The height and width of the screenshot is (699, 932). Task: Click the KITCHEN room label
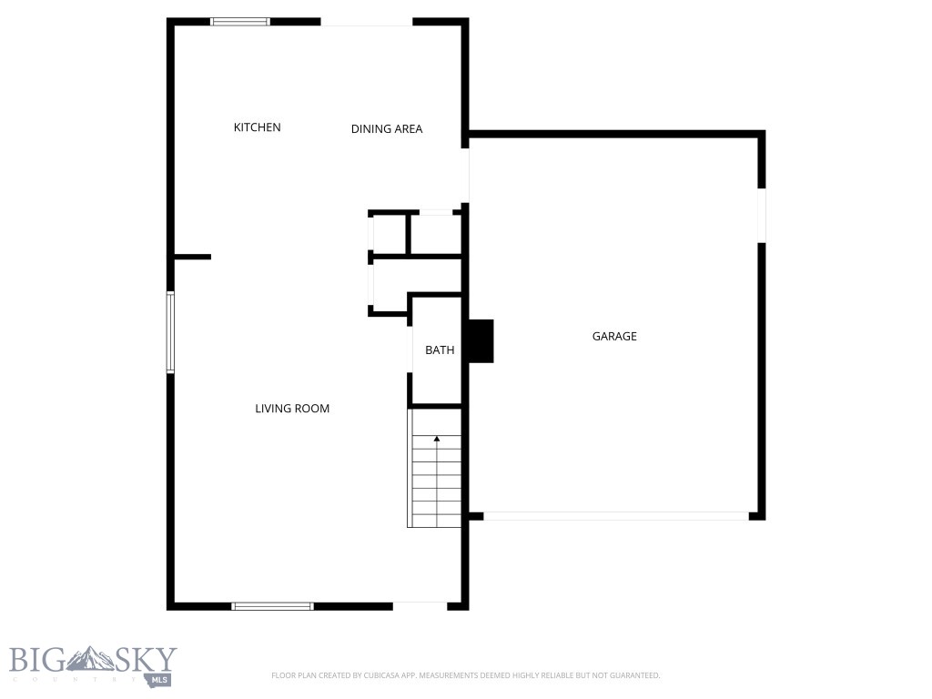pos(258,127)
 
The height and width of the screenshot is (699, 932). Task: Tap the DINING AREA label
pos(387,129)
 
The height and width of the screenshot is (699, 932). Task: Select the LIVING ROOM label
pos(292,409)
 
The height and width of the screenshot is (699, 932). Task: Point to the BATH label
pos(440,349)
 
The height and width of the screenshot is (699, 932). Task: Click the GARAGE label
pos(614,337)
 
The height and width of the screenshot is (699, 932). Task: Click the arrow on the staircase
pos(437,440)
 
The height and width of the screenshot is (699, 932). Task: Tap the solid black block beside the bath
pos(480,341)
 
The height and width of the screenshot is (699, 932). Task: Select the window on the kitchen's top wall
pos(240,21)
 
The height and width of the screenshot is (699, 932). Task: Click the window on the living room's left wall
pos(170,331)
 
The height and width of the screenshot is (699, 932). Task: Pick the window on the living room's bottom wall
pos(272,605)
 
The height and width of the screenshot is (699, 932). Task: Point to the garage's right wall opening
pos(762,215)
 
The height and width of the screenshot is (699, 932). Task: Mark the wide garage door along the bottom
pos(615,516)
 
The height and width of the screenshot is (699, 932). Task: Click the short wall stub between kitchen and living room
pos(192,258)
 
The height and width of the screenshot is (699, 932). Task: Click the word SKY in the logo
pos(146,660)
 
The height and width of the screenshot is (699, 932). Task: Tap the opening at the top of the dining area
pos(367,23)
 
